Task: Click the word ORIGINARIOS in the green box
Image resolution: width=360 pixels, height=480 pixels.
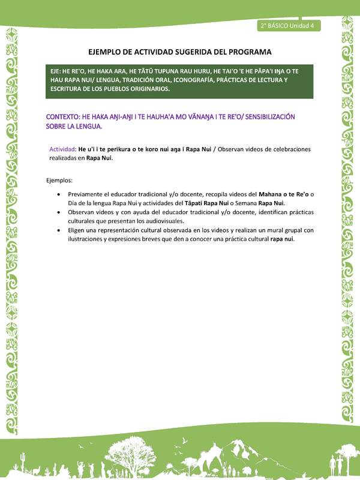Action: [x=146, y=89]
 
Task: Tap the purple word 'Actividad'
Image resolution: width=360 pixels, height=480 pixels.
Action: [x=62, y=149]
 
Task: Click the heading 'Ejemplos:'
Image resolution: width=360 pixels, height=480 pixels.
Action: [x=60, y=180]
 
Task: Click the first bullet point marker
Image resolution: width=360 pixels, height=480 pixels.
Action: [x=58, y=195]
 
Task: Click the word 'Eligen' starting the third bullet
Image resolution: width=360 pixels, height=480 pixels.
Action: [x=77, y=230]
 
